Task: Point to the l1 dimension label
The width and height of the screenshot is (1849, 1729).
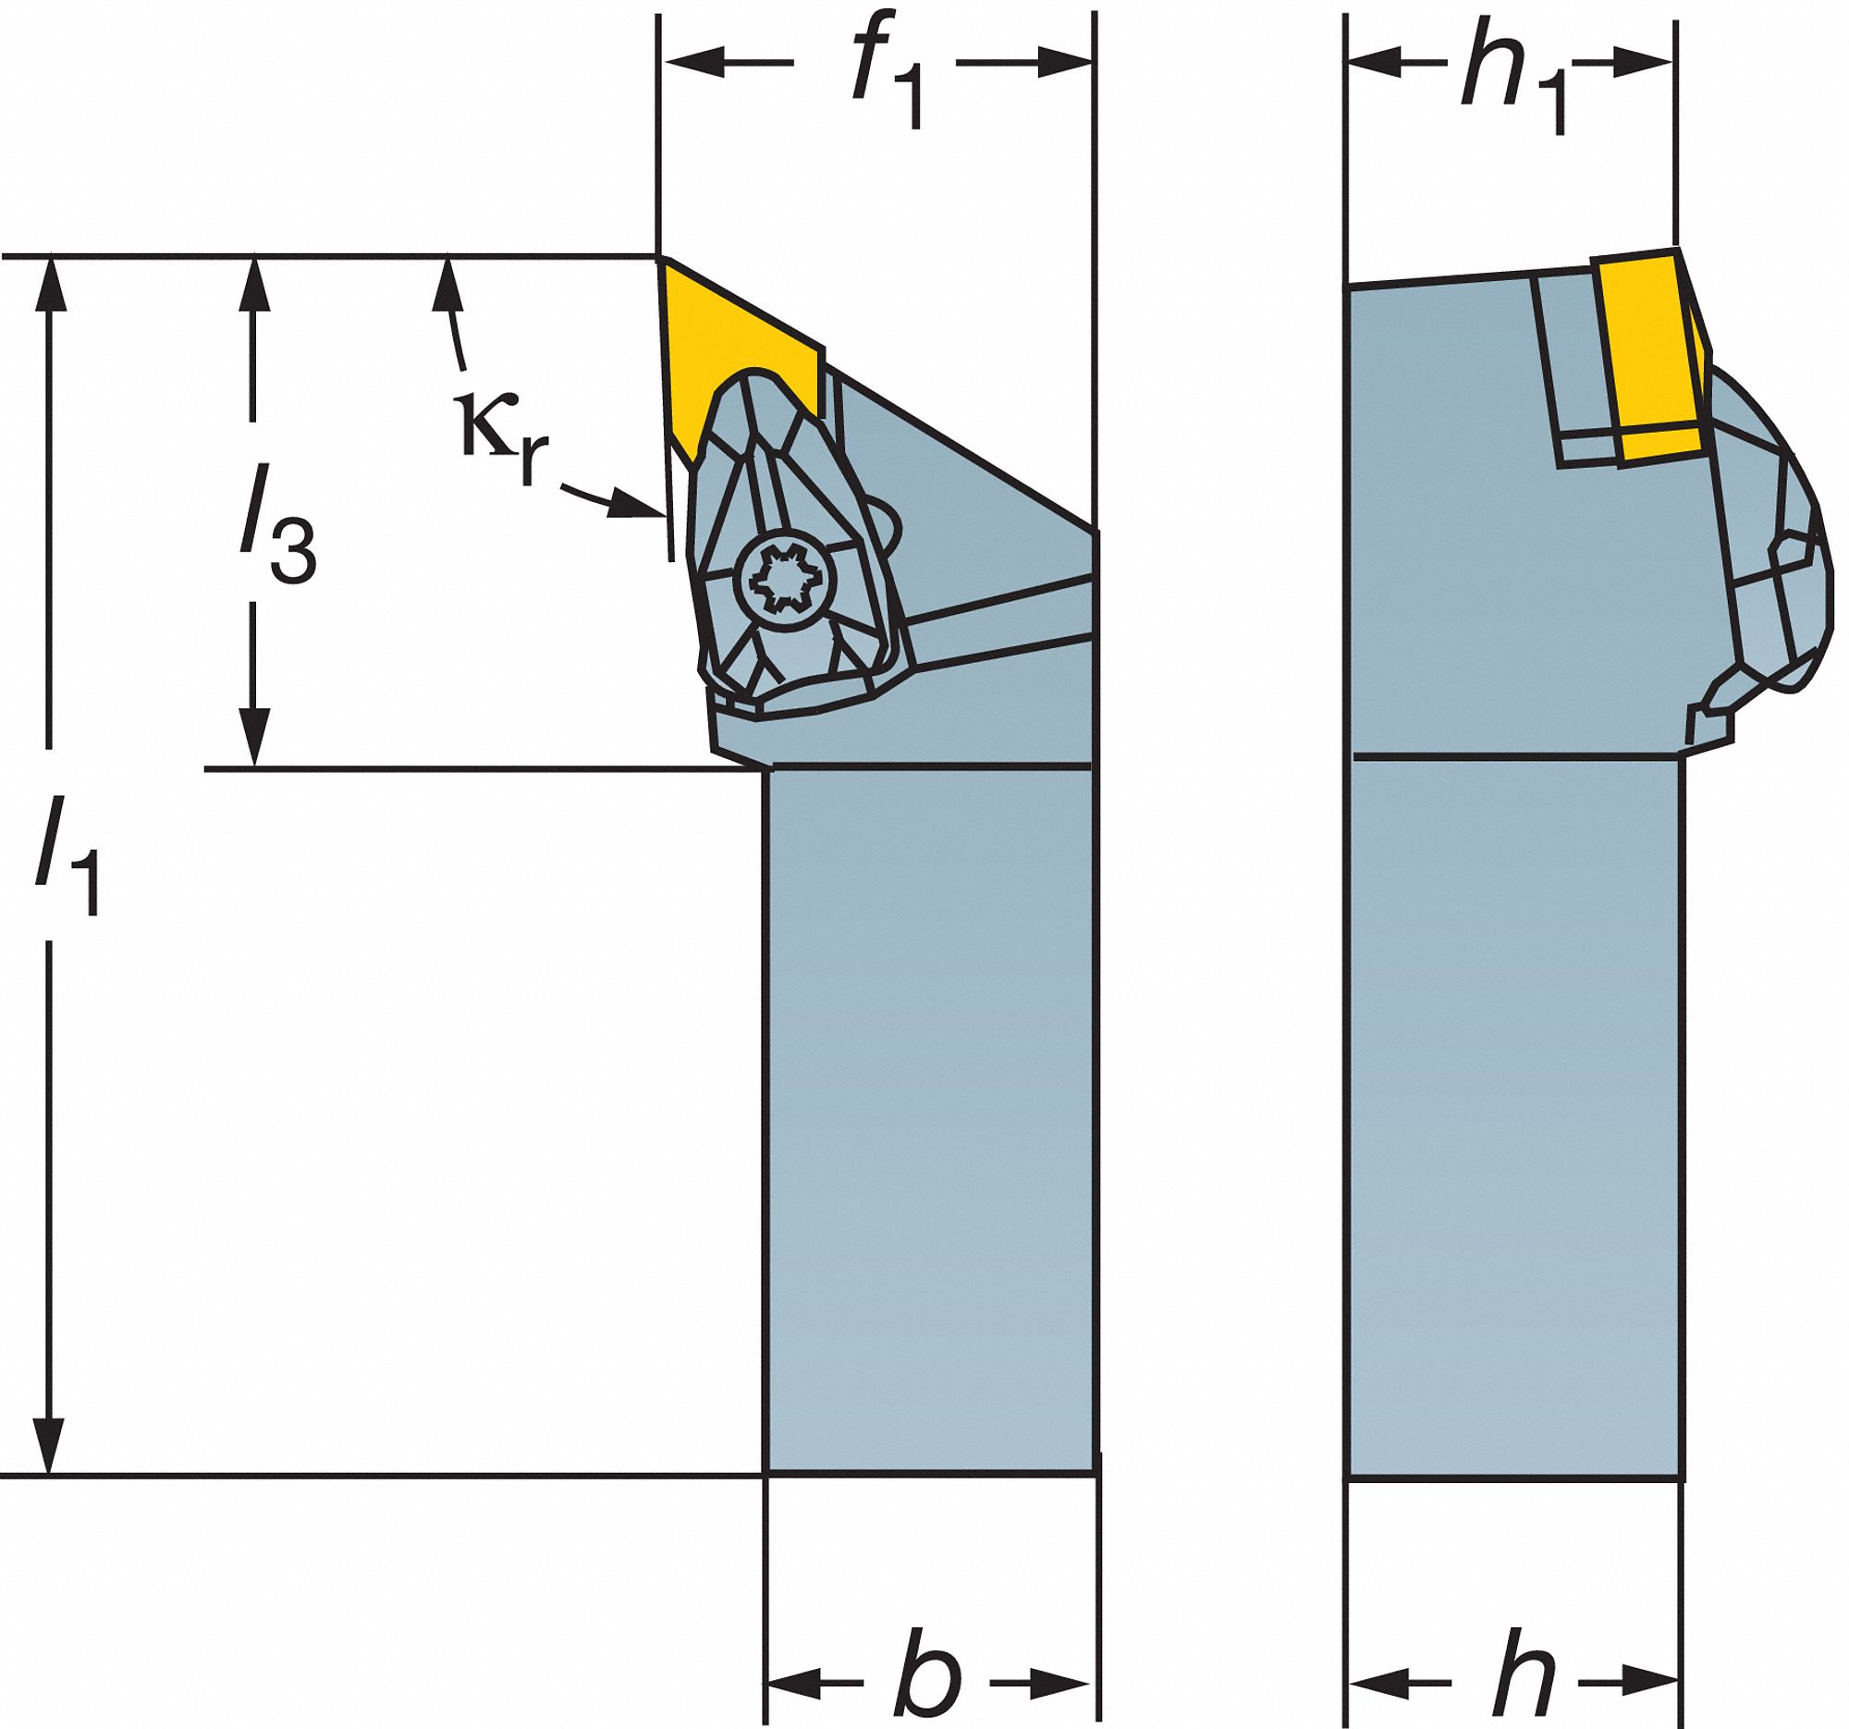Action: pos(68,855)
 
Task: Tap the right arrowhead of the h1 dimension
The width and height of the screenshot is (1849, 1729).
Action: pos(1644,62)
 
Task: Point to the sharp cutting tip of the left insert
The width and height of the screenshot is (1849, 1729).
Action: pos(659,258)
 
